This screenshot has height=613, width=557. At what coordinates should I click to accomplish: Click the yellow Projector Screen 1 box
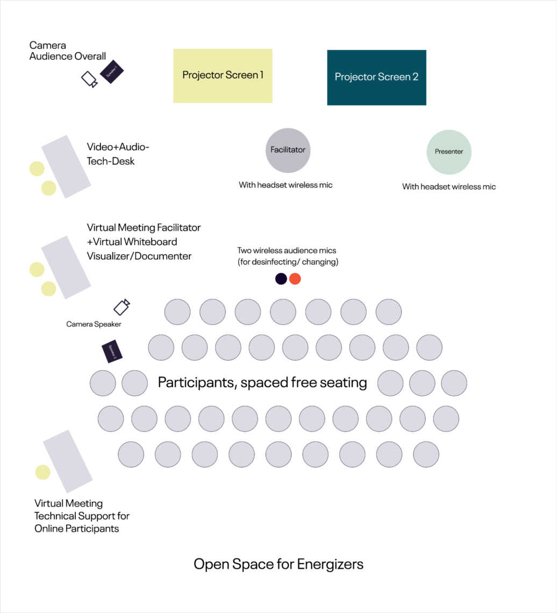coord(223,76)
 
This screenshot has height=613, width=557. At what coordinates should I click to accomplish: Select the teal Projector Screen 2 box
coord(376,77)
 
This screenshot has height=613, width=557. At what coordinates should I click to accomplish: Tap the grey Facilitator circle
coord(288,151)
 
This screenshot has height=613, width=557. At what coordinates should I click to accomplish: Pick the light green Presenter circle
coord(449,152)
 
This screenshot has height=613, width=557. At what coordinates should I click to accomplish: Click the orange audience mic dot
coord(295,279)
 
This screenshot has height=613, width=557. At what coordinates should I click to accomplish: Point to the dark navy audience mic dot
coord(281,279)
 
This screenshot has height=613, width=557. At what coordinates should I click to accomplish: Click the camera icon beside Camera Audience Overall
coord(89,80)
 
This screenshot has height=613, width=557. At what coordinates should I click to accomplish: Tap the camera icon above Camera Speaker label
coord(122,306)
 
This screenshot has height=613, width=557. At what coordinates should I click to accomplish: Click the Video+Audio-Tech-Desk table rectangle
coord(66,167)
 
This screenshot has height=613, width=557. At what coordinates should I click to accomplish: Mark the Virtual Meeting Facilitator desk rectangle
coord(66,267)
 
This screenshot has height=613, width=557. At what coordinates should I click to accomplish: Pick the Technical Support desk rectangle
coord(68,461)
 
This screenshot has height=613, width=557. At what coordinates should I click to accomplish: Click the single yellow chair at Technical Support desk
coord(42,473)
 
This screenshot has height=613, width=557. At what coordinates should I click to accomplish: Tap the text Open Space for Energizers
coord(278,565)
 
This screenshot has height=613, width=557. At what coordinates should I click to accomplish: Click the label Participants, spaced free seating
coord(262,383)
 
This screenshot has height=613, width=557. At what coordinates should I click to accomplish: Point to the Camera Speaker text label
coord(94,324)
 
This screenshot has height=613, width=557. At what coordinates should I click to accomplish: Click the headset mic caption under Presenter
coord(449,187)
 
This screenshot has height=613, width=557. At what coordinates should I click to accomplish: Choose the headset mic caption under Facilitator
coord(285,186)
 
